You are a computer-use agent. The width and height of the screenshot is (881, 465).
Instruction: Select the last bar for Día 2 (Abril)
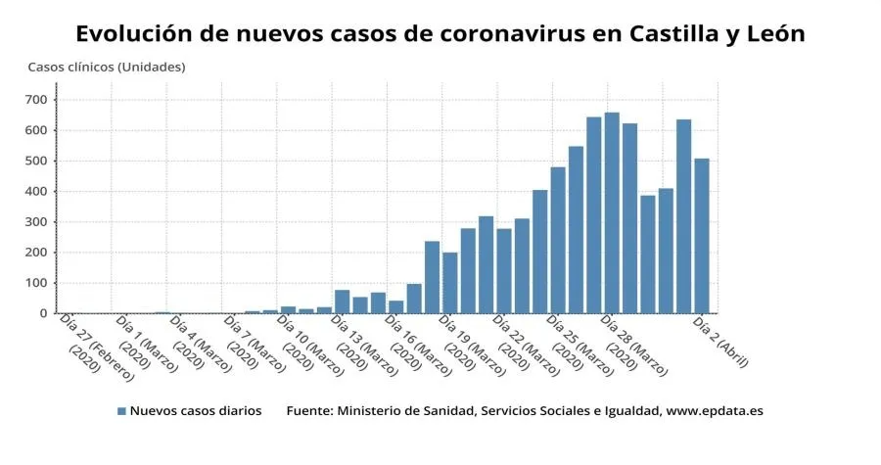pyautogui.click(x=702, y=236)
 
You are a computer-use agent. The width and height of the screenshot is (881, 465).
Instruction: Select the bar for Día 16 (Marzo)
pyautogui.click(x=396, y=306)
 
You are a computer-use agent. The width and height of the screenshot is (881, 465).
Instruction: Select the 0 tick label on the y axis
pyautogui.click(x=43, y=313)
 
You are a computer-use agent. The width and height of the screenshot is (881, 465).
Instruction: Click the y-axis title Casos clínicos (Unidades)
pyautogui.click(x=106, y=67)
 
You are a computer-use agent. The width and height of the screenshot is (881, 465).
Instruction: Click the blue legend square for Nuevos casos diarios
pyautogui.click(x=121, y=411)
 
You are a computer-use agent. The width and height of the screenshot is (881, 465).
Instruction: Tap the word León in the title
pyautogui.click(x=770, y=33)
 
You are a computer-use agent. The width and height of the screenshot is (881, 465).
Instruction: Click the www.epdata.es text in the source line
pyautogui.click(x=714, y=411)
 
